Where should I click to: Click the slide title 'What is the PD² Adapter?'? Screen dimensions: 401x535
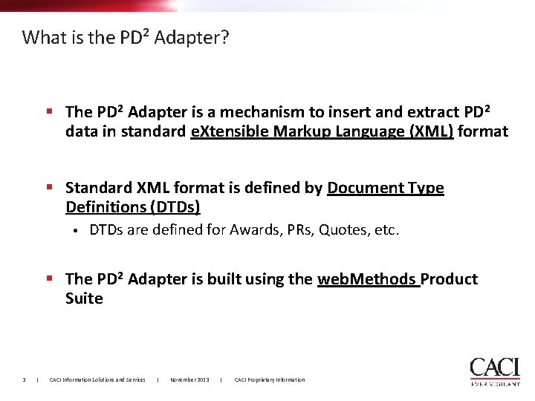point(126,37)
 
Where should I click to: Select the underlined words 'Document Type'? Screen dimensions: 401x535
point(385,188)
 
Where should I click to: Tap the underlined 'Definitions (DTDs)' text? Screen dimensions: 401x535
point(133,207)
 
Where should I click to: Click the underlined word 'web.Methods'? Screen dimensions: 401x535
point(366,279)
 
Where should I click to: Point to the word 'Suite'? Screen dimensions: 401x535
point(84,299)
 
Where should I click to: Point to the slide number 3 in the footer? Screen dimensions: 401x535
point(25,379)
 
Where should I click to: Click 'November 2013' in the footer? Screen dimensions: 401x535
point(189,379)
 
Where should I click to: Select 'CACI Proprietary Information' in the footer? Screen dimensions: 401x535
point(269,379)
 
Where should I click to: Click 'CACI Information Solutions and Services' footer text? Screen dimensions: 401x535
point(97,379)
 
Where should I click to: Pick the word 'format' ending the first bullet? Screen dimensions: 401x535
point(483,132)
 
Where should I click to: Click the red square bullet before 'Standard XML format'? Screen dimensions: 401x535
point(49,187)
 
